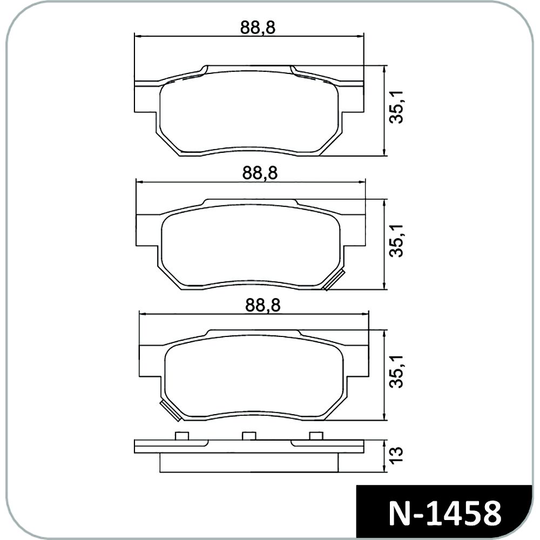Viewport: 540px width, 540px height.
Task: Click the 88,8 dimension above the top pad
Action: point(258,28)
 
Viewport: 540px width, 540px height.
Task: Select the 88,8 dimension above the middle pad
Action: point(260,173)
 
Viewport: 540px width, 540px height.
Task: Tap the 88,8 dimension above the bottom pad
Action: point(263,306)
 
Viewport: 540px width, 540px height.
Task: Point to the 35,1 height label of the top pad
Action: point(396,107)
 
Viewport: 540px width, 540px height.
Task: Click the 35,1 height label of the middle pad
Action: point(396,240)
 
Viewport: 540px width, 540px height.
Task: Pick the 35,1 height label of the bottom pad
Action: point(396,372)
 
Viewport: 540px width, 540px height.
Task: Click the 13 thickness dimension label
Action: point(396,455)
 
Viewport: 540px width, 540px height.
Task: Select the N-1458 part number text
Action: point(444,514)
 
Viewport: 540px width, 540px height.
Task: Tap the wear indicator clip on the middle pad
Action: point(334,280)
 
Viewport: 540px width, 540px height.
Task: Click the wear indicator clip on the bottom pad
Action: point(171,411)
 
